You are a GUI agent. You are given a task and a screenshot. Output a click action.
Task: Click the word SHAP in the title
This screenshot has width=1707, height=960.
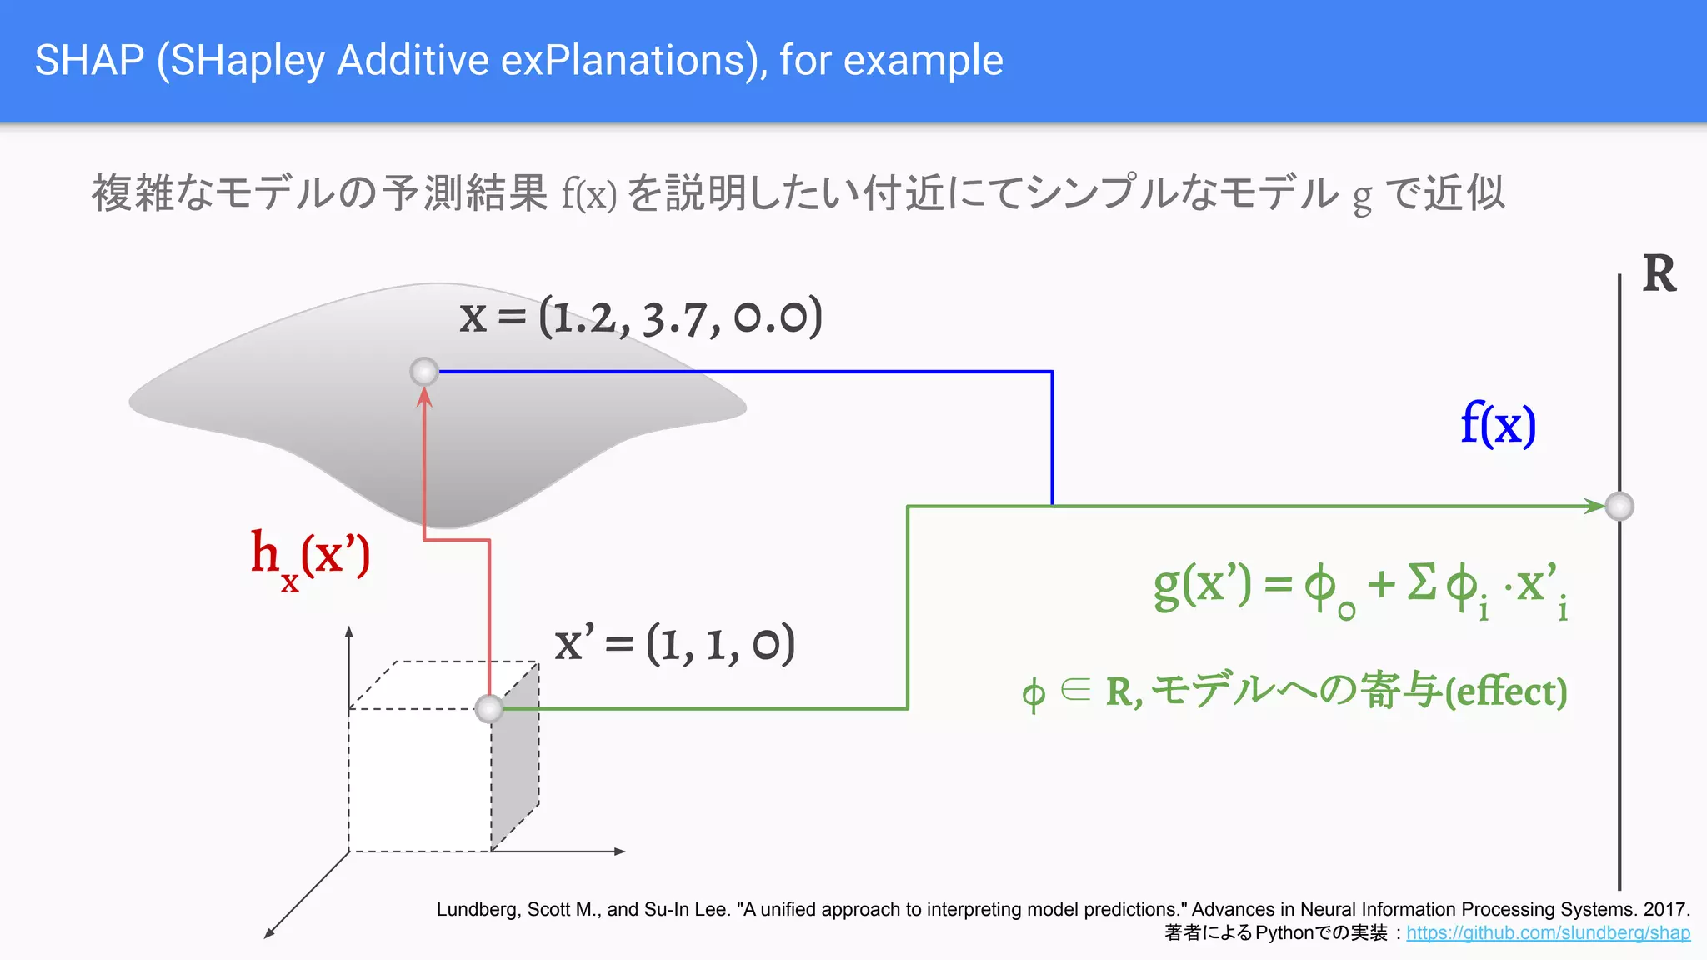click(x=89, y=61)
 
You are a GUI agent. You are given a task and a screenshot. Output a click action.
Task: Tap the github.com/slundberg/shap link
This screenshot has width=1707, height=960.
click(x=1548, y=933)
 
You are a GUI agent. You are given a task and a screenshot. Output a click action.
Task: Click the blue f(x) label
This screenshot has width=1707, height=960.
click(x=1498, y=424)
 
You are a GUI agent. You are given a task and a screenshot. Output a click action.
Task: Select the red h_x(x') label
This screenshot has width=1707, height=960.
click(x=310, y=557)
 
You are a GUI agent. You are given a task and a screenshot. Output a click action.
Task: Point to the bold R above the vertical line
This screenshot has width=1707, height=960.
click(x=1659, y=274)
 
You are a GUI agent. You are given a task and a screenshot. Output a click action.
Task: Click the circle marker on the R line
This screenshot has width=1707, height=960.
click(x=1619, y=506)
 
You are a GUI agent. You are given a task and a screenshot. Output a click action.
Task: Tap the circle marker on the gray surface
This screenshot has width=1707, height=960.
click(x=424, y=371)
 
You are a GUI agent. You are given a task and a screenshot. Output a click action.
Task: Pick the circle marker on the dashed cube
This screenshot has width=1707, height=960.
click(x=489, y=709)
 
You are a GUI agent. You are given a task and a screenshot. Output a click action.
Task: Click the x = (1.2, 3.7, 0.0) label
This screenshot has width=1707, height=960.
click(x=640, y=317)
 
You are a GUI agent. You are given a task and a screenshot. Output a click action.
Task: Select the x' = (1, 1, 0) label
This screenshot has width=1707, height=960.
click(x=674, y=644)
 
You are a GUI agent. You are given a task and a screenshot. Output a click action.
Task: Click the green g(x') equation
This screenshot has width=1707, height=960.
click(x=1360, y=587)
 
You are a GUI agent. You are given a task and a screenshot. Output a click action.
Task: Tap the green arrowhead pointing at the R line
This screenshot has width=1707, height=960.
click(x=1594, y=506)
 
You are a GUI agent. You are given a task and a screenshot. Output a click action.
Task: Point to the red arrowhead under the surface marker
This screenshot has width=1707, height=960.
click(x=424, y=397)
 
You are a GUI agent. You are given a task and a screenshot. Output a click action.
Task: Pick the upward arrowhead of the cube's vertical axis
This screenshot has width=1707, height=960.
click(x=349, y=632)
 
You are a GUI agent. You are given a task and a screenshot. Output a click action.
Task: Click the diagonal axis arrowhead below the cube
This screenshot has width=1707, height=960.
click(x=269, y=933)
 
